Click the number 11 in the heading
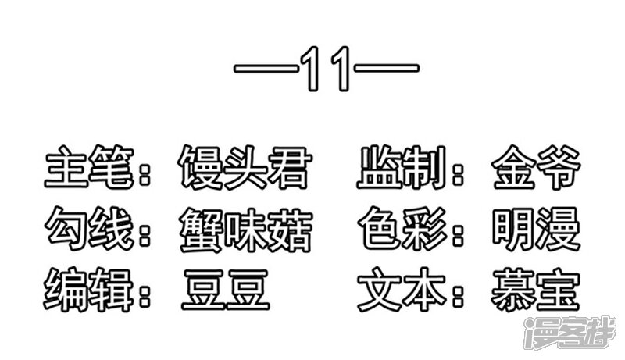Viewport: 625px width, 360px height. [326, 69]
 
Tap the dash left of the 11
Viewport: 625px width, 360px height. [266, 69]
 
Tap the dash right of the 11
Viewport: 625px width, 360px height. [387, 69]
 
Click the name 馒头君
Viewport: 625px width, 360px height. [245, 167]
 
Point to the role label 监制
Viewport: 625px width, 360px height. [402, 167]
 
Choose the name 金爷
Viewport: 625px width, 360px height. [536, 167]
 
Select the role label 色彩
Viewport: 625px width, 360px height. [402, 229]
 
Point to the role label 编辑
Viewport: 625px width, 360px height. [88, 290]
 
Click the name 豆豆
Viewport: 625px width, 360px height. [226, 290]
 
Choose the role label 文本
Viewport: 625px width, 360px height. [402, 290]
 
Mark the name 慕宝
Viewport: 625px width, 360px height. [535, 290]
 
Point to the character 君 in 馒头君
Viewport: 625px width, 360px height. [289, 167]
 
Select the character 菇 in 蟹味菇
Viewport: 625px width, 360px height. [290, 230]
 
